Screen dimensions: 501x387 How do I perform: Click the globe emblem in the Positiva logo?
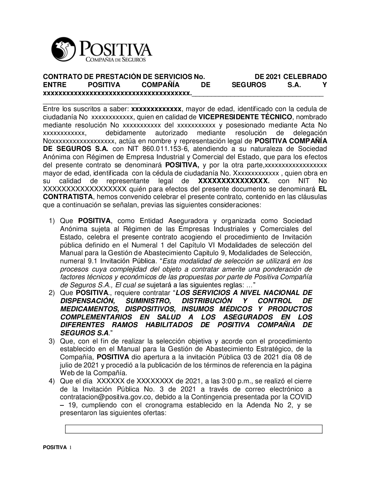coord(63,49)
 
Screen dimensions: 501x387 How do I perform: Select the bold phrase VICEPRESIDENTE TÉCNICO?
coord(245,117)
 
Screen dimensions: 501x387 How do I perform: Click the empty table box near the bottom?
coord(193,429)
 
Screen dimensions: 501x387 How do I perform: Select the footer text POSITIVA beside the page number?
coord(55,447)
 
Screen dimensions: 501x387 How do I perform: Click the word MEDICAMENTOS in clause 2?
coord(85,309)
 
